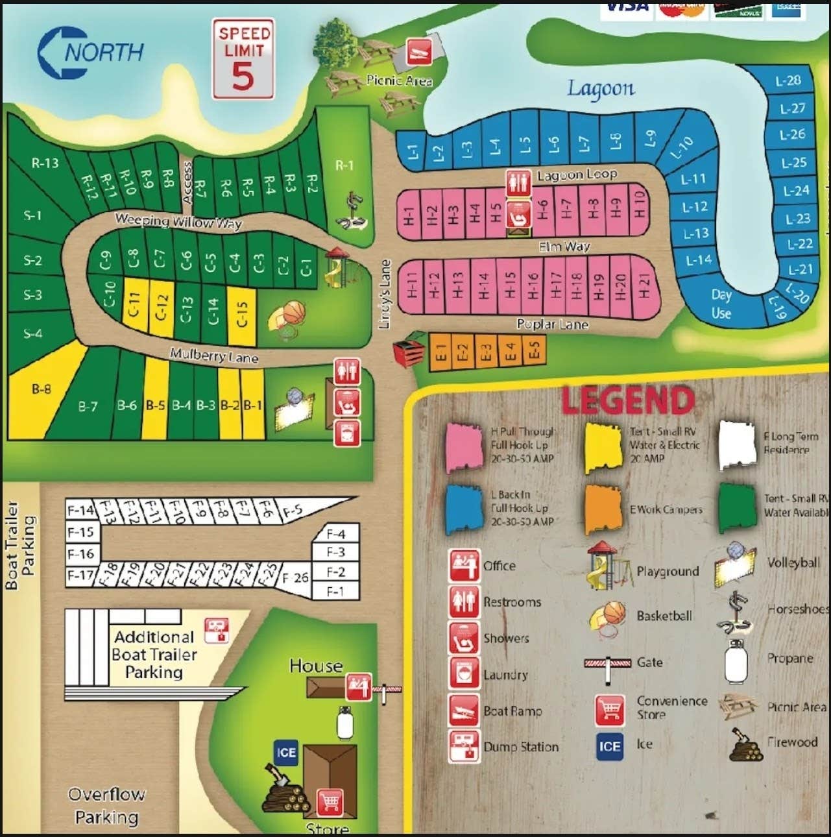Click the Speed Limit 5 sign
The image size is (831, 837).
[x=243, y=59]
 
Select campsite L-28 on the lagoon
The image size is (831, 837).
[x=788, y=81]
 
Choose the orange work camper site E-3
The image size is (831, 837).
[x=485, y=352]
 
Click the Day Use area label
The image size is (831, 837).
[x=721, y=304]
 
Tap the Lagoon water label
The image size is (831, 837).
[x=601, y=88]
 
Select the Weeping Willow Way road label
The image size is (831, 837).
[x=178, y=221]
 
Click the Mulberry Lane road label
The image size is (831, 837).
[x=213, y=356]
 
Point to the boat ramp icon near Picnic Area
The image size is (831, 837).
[x=419, y=51]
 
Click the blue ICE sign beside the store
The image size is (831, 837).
[x=285, y=753]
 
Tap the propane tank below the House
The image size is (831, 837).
[x=344, y=723]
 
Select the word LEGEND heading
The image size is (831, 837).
[x=627, y=400]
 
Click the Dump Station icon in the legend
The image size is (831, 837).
[x=464, y=746]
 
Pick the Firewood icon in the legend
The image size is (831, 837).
[x=745, y=745]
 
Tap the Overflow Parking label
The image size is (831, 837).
[x=106, y=805]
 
